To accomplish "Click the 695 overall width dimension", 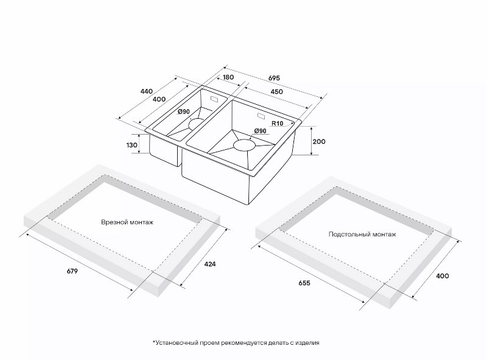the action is click(274, 78).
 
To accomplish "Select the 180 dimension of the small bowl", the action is click(228, 77).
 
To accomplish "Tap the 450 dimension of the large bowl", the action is click(277, 92).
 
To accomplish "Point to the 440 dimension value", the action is click(147, 91).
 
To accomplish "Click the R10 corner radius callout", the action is click(278, 124).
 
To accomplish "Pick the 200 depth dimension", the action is click(319, 141).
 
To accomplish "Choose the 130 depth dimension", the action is click(132, 145).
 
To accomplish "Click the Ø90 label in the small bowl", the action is click(184, 111).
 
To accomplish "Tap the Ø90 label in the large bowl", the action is click(261, 131).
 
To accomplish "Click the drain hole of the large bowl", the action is click(245, 145).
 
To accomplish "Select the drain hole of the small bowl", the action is click(196, 124).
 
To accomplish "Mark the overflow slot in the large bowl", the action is click(261, 116).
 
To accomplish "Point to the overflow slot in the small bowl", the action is click(215, 99).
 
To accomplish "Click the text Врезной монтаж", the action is click(127, 222).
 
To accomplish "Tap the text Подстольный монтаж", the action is click(362, 234).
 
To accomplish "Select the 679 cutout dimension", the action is click(72, 271).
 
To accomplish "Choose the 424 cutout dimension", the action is click(209, 264).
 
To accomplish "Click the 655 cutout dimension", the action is click(304, 283).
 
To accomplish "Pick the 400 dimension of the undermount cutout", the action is click(443, 276).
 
